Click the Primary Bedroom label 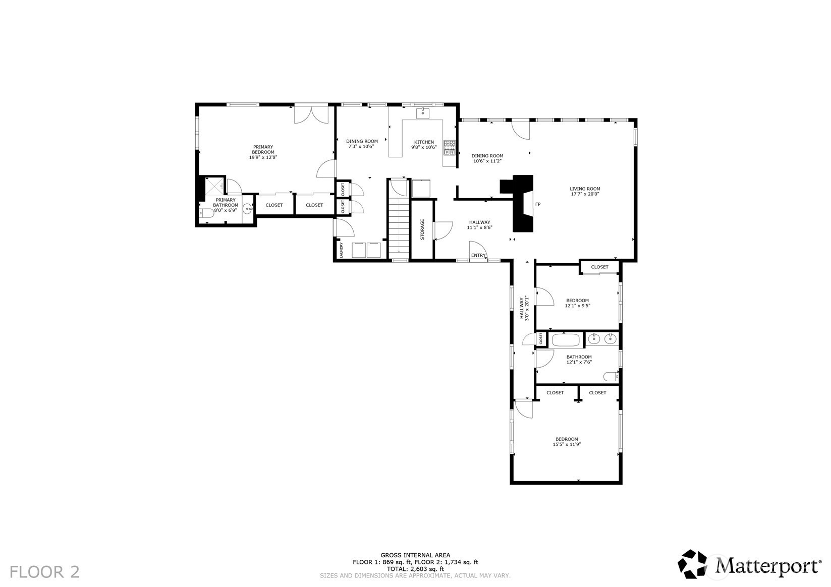[x=263, y=149]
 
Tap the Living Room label [x=585, y=189]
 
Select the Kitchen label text [x=424, y=142]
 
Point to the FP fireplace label [x=538, y=204]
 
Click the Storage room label [x=422, y=229]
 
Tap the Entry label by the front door [x=478, y=255]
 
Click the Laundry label [x=341, y=250]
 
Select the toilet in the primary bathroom [x=206, y=213]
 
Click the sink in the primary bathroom [x=248, y=209]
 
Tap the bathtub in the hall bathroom [x=566, y=340]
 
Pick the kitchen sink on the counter [x=422, y=113]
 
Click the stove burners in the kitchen [x=450, y=148]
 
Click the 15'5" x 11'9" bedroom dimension [x=567, y=444]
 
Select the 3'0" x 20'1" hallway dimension [x=526, y=308]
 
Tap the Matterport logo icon [x=693, y=564]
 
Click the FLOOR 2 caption [x=44, y=572]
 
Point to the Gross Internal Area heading [x=416, y=555]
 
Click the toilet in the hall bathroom [x=611, y=377]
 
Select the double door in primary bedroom [x=311, y=115]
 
